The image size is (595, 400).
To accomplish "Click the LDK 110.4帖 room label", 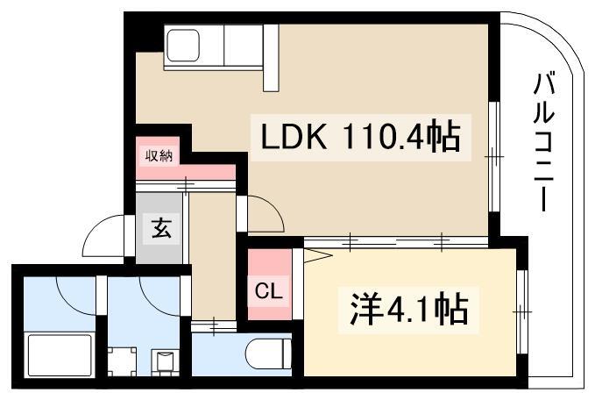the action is point(360,137).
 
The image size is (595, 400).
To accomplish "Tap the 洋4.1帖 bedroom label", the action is point(409,310).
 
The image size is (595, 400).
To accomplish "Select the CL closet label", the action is point(269,291).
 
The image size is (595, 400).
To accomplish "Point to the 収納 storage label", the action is point(159,155).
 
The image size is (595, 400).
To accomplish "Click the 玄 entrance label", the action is point(161,228).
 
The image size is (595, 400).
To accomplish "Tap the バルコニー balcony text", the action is point(544,142).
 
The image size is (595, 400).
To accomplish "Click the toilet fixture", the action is point(268,354).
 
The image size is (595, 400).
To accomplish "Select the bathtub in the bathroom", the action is point(60,355).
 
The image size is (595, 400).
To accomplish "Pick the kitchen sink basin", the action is point(183,45).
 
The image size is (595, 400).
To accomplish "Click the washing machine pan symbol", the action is point(122,361).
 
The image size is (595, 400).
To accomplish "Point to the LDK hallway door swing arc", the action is point(267,211).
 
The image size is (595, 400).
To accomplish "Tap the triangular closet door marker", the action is point(317,255).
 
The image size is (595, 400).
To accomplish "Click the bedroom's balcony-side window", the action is point(522,312).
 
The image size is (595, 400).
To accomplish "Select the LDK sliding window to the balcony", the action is point(494,156).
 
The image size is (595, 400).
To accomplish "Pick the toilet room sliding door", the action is point(214,326).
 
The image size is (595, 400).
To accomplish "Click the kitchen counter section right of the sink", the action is point(244,45).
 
